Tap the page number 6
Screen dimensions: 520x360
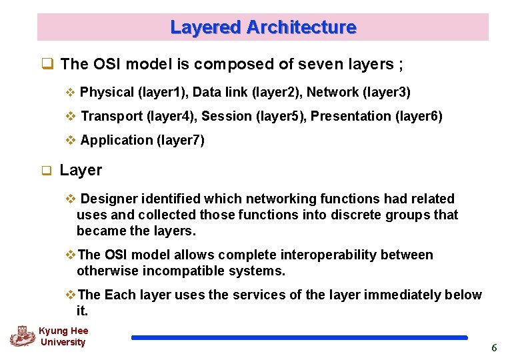point(494,348)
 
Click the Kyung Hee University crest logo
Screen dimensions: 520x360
point(22,335)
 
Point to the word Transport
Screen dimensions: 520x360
point(111,116)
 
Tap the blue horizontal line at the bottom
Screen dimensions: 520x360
point(299,338)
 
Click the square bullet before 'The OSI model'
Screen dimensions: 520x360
point(47,65)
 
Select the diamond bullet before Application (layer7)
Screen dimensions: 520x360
point(71,140)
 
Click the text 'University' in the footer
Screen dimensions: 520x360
point(63,342)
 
